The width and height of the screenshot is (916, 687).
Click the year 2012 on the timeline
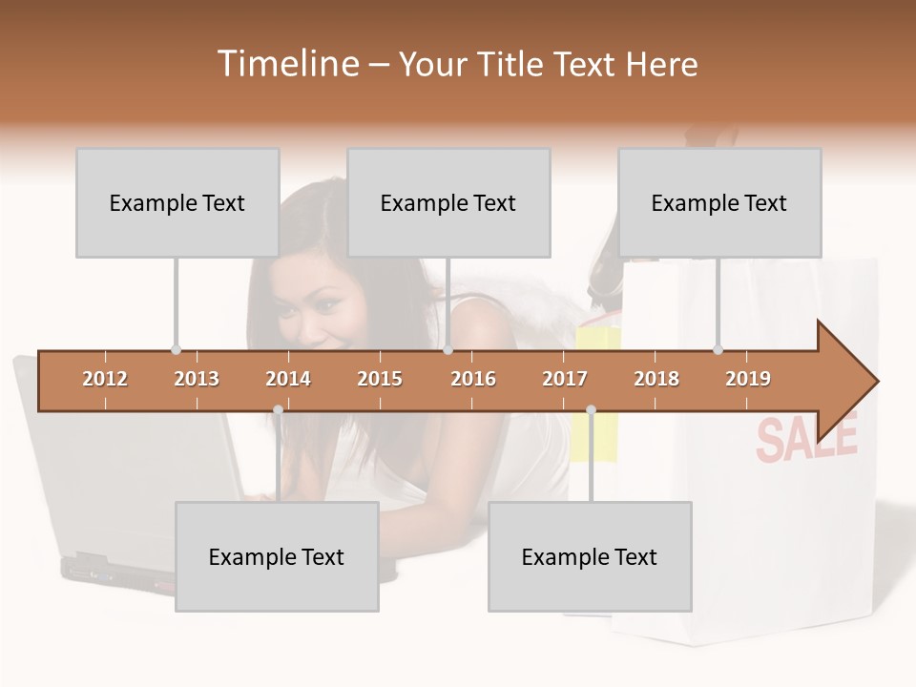[x=105, y=379]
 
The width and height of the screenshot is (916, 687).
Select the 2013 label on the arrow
[x=197, y=379]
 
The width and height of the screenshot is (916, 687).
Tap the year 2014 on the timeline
[x=288, y=379]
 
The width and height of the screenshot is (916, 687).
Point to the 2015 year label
[x=380, y=379]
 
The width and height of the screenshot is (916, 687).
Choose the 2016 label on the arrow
[x=473, y=379]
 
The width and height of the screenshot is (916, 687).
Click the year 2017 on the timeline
[x=565, y=379]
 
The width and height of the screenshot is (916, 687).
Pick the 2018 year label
[x=656, y=379]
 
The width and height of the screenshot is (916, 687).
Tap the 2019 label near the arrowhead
[x=748, y=379]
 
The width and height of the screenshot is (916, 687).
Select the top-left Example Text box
[x=177, y=202]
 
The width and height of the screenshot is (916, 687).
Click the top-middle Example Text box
[x=448, y=202]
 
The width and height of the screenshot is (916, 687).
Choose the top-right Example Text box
[x=719, y=202]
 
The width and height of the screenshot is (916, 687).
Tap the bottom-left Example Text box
[x=277, y=556]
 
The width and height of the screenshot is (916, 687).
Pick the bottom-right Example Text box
[x=590, y=556]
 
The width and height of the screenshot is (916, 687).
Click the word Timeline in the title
[x=286, y=64]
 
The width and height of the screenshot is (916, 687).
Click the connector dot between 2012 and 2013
[x=176, y=349]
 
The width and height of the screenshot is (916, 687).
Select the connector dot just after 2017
[x=591, y=410]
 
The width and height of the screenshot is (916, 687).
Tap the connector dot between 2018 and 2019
[x=718, y=349]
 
